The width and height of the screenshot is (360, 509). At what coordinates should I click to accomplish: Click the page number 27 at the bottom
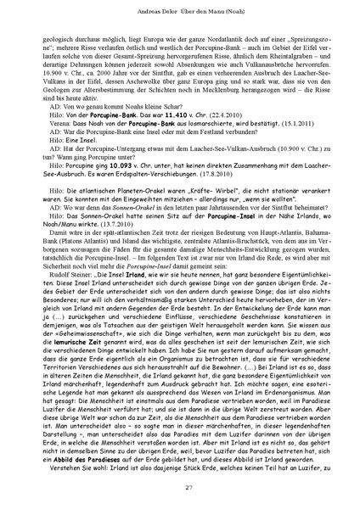180,485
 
